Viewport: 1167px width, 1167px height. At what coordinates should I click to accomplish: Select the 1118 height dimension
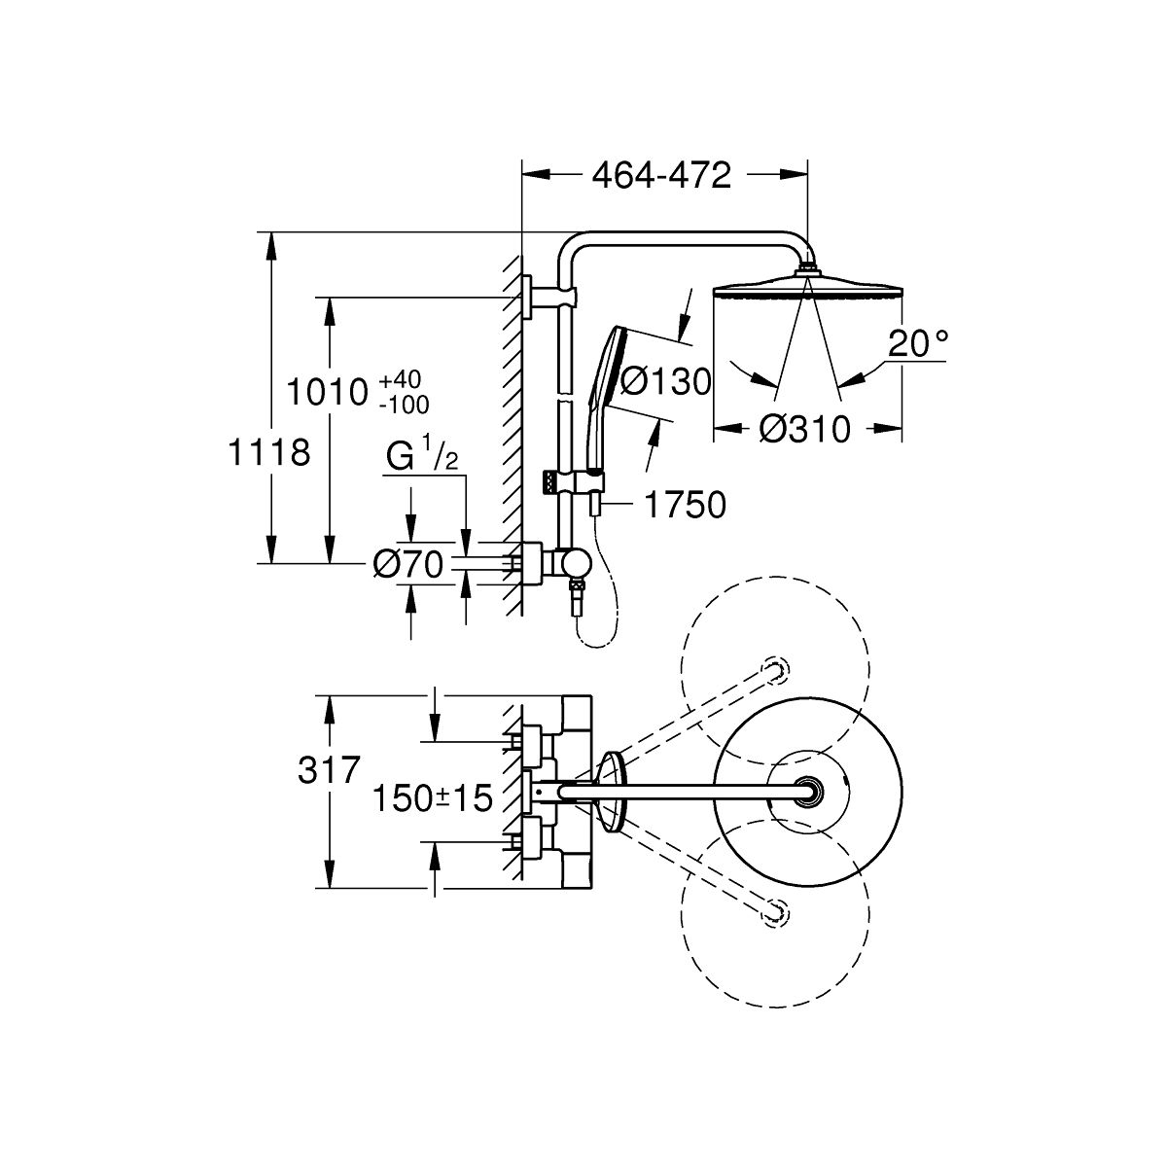pyautogui.click(x=268, y=451)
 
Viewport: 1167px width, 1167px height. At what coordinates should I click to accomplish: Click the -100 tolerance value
pyautogui.click(x=407, y=402)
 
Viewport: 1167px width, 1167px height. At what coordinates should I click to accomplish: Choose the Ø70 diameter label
pyautogui.click(x=407, y=563)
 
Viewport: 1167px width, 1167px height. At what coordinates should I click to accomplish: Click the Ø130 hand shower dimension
pyautogui.click(x=665, y=381)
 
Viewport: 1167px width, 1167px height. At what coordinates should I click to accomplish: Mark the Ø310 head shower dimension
pyautogui.click(x=804, y=429)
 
